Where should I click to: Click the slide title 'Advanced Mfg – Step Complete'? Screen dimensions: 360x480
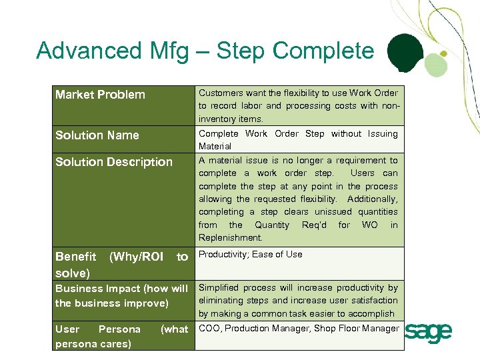(x=205, y=51)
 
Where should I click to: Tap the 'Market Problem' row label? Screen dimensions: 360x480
(x=100, y=95)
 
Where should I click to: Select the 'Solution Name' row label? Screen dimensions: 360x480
(x=97, y=135)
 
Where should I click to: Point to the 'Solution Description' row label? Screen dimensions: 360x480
(x=114, y=162)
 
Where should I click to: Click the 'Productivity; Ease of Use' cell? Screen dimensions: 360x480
(x=250, y=254)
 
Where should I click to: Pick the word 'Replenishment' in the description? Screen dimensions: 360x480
(x=230, y=238)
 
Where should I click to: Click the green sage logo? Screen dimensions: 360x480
(x=429, y=331)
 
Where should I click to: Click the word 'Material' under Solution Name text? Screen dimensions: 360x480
(x=215, y=146)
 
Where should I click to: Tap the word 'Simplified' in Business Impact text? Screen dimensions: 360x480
(x=219, y=288)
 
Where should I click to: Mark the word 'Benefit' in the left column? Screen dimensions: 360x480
(x=75, y=257)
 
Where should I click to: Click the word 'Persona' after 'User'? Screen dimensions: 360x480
(x=119, y=329)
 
